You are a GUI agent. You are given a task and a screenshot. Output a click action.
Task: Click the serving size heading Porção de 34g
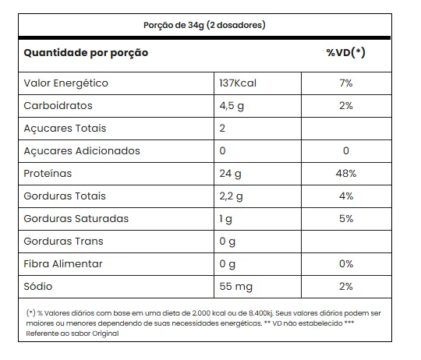174,25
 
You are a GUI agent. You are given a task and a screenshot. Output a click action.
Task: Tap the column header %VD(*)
346,52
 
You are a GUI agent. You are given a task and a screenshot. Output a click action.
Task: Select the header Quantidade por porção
86,53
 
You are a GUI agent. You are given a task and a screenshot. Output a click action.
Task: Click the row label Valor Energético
65,83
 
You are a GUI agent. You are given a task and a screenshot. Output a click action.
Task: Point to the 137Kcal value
238,83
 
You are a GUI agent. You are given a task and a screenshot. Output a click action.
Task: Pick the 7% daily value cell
346,83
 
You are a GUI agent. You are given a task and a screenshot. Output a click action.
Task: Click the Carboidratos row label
58,106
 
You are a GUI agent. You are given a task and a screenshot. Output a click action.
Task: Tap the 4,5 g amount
232,106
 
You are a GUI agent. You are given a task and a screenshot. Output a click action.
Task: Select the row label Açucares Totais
65,129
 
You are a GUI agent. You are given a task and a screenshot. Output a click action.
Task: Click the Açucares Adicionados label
82,151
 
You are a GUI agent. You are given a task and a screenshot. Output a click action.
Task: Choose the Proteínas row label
48,174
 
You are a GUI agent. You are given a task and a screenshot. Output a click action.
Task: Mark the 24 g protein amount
230,174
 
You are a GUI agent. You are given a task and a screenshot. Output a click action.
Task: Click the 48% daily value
346,174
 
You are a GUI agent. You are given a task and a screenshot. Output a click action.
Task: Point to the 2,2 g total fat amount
232,196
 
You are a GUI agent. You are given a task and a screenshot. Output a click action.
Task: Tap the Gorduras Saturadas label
76,219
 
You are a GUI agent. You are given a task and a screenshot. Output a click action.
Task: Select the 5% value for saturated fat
346,219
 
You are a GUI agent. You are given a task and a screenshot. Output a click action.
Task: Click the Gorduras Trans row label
64,242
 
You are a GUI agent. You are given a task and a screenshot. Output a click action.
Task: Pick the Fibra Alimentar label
63,264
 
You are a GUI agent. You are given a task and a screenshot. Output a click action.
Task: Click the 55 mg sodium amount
236,287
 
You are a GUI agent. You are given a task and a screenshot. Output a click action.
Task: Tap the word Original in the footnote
105,334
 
